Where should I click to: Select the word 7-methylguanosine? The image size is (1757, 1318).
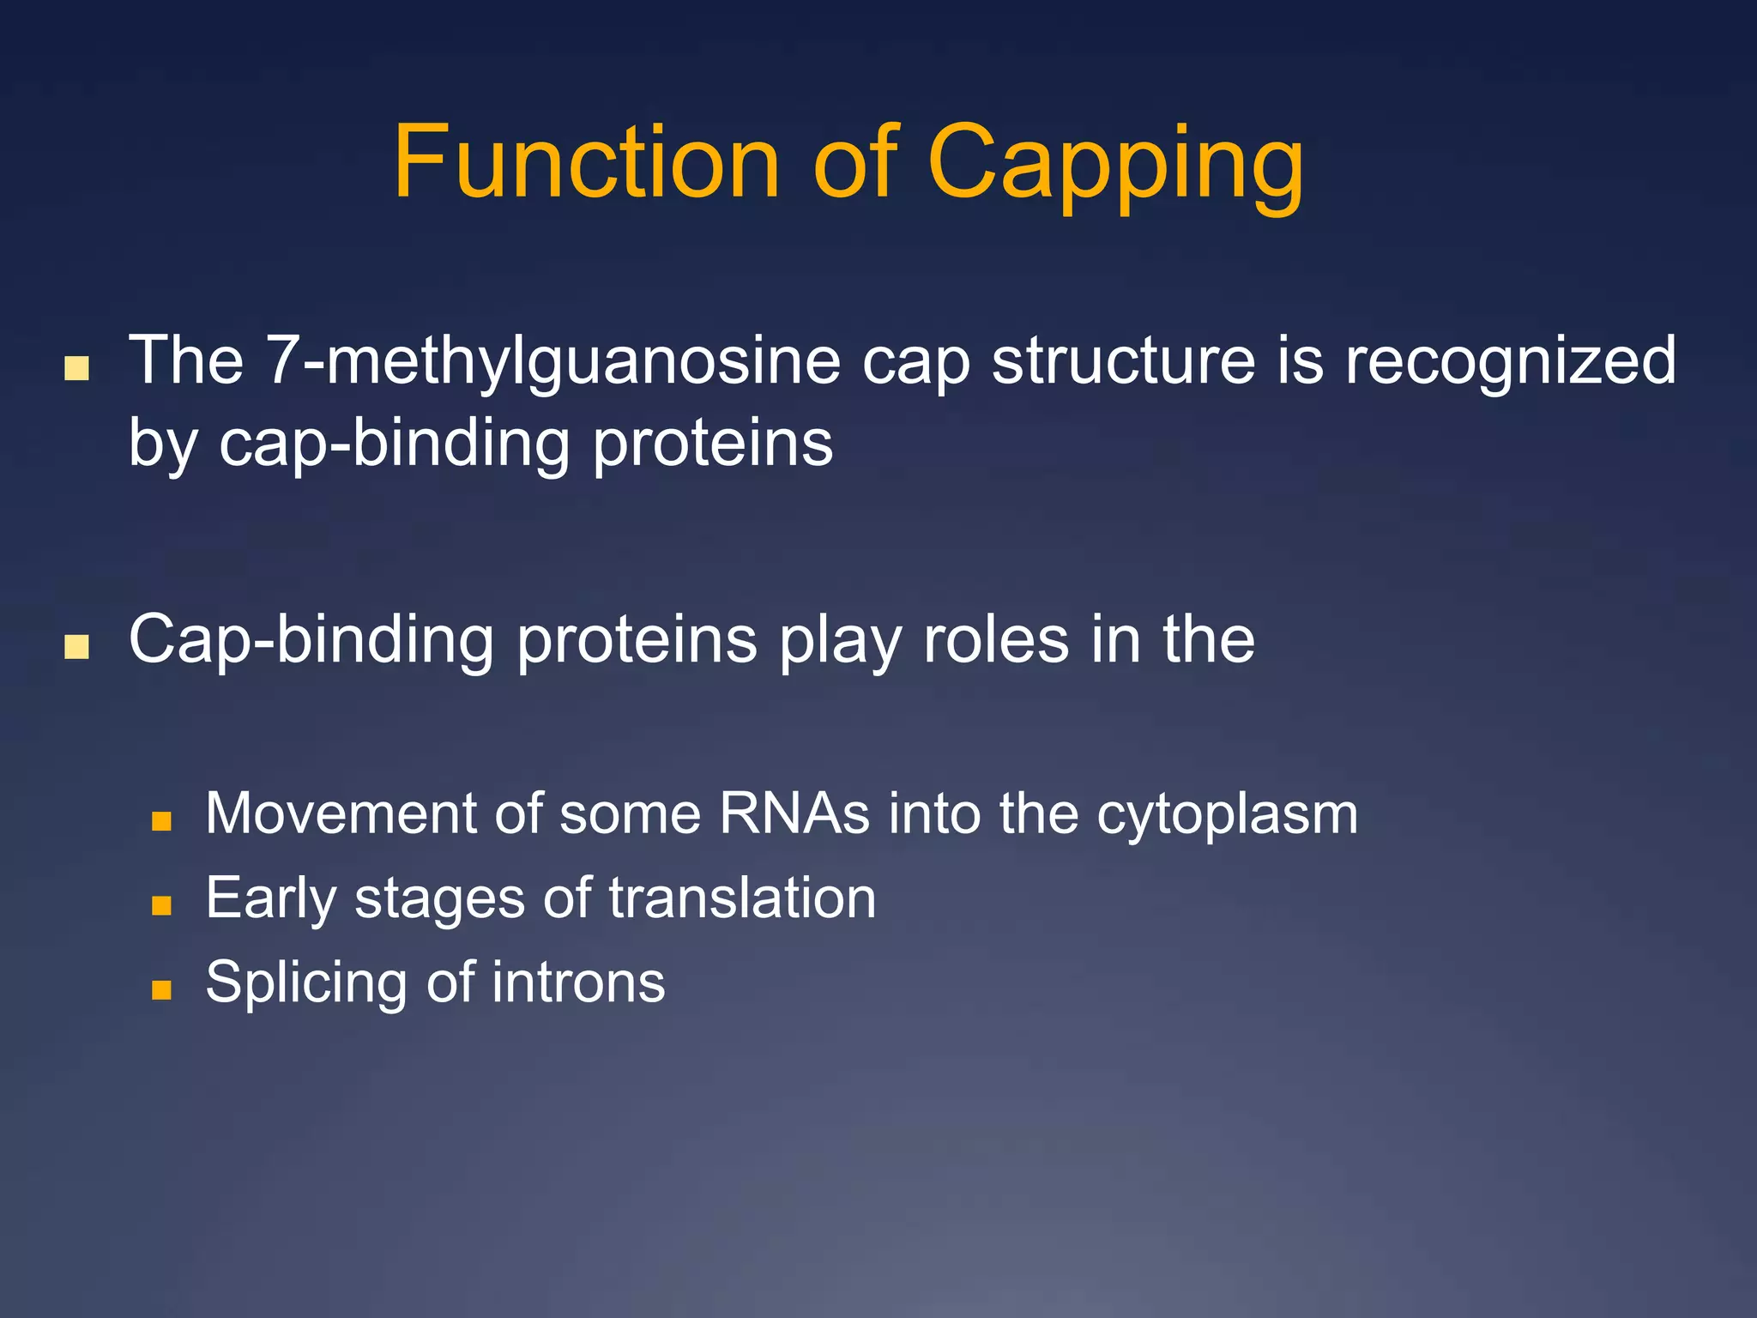point(552,361)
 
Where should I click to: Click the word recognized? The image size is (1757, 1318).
point(1510,361)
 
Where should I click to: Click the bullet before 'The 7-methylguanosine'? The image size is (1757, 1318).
point(76,369)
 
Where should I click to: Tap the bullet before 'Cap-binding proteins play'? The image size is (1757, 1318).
point(76,647)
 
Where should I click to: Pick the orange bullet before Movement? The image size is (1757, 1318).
point(161,822)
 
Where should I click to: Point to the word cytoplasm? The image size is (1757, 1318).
point(1227,815)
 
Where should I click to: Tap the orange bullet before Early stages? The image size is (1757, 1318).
point(161,905)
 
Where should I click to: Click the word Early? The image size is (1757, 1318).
point(270,899)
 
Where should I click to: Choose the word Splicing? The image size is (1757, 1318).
point(305,983)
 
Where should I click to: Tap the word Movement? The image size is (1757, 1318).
point(340,813)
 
